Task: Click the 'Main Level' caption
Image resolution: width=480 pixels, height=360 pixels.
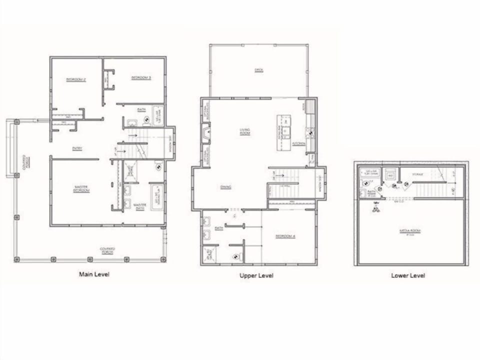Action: [94, 274]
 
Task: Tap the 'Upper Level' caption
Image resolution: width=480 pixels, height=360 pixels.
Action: [256, 275]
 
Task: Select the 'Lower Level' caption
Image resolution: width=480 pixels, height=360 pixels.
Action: [408, 275]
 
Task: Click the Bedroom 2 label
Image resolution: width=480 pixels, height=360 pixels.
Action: [76, 79]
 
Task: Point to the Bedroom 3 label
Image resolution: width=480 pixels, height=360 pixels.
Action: [141, 78]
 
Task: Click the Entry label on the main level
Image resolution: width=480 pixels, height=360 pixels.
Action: [77, 148]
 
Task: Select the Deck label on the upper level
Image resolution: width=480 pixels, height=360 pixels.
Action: [258, 69]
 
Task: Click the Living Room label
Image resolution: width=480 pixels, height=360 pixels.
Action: [244, 132]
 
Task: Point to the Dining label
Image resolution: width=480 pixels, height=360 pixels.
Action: [225, 187]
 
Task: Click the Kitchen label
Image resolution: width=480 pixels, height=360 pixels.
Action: [298, 143]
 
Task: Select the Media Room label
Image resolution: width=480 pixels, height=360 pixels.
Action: [410, 231]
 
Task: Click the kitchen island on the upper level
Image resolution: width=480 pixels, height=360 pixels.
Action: [284, 132]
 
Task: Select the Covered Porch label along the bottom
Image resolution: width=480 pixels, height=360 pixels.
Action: [107, 249]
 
